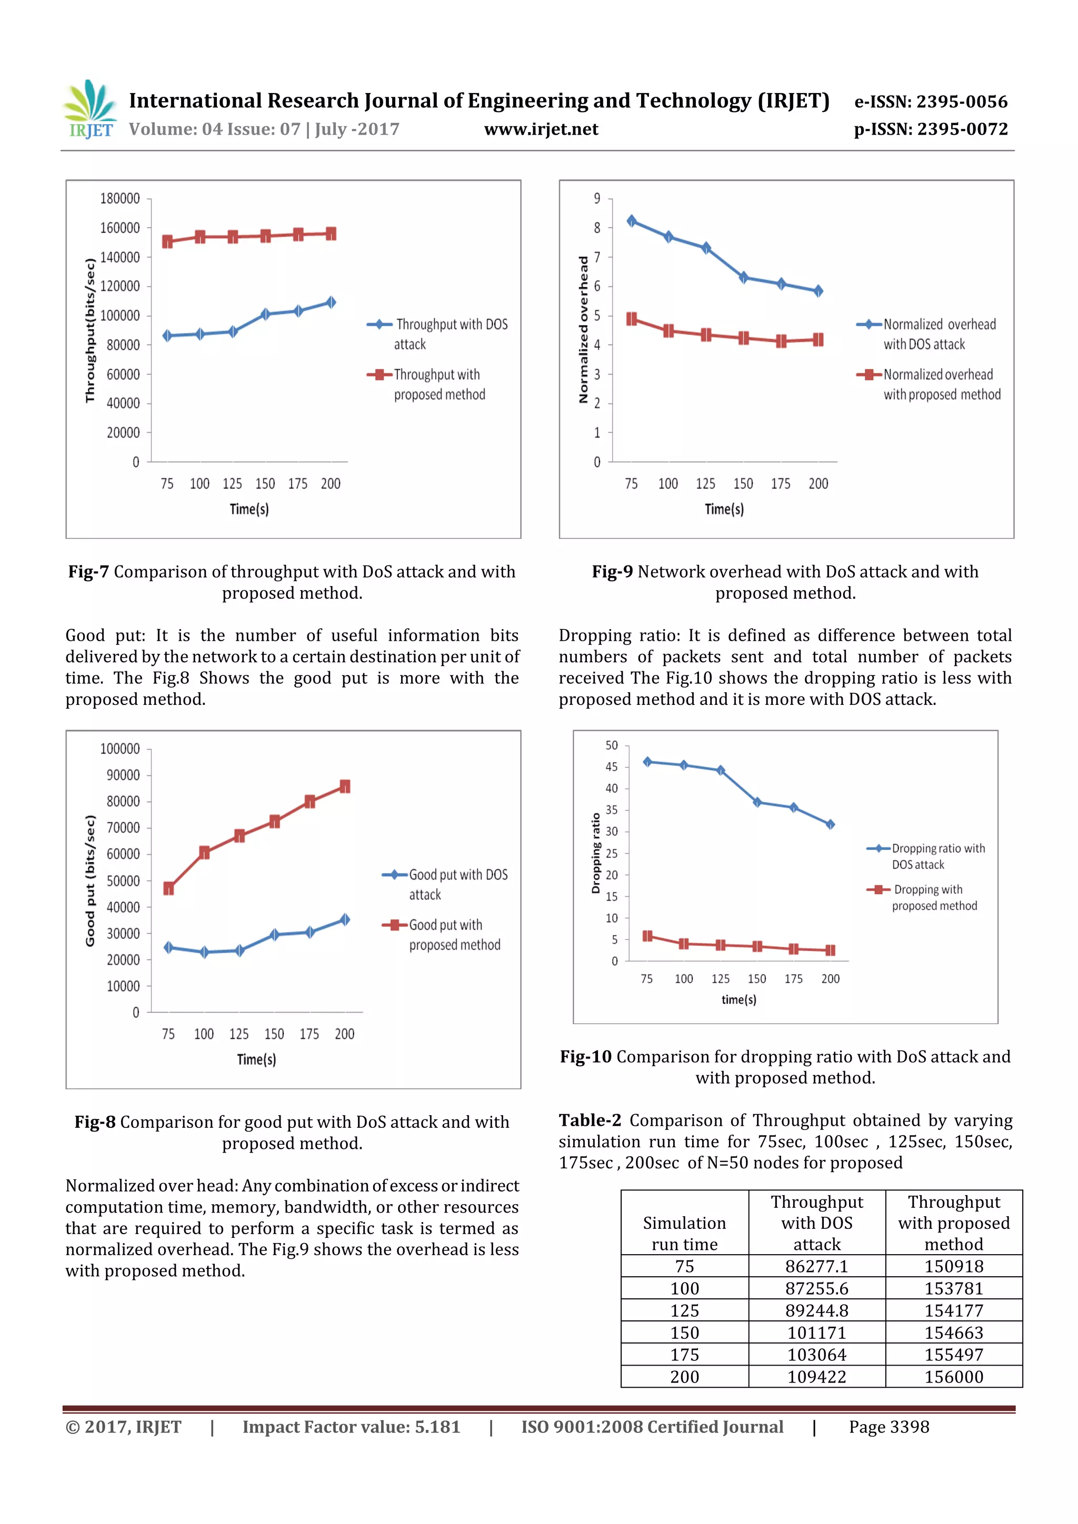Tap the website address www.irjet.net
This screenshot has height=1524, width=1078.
click(541, 129)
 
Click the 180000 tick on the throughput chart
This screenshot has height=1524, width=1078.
click(120, 198)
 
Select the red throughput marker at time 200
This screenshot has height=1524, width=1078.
click(331, 234)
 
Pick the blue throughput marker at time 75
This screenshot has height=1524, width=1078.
click(167, 336)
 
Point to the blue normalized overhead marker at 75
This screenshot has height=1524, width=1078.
click(632, 221)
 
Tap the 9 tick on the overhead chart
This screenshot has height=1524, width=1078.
click(596, 198)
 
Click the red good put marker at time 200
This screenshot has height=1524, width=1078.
click(345, 786)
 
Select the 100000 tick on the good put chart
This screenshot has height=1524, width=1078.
click(120, 749)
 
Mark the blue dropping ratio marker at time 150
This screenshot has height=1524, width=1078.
click(757, 802)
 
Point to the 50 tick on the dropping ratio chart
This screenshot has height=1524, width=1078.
click(612, 745)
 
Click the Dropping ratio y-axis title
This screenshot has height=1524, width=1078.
click(595, 853)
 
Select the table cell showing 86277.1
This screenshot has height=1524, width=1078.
click(816, 1266)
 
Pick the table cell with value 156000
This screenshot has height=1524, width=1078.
click(953, 1377)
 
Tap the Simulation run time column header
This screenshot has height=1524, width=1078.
click(684, 1233)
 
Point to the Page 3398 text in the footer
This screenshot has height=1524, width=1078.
click(889, 1427)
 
